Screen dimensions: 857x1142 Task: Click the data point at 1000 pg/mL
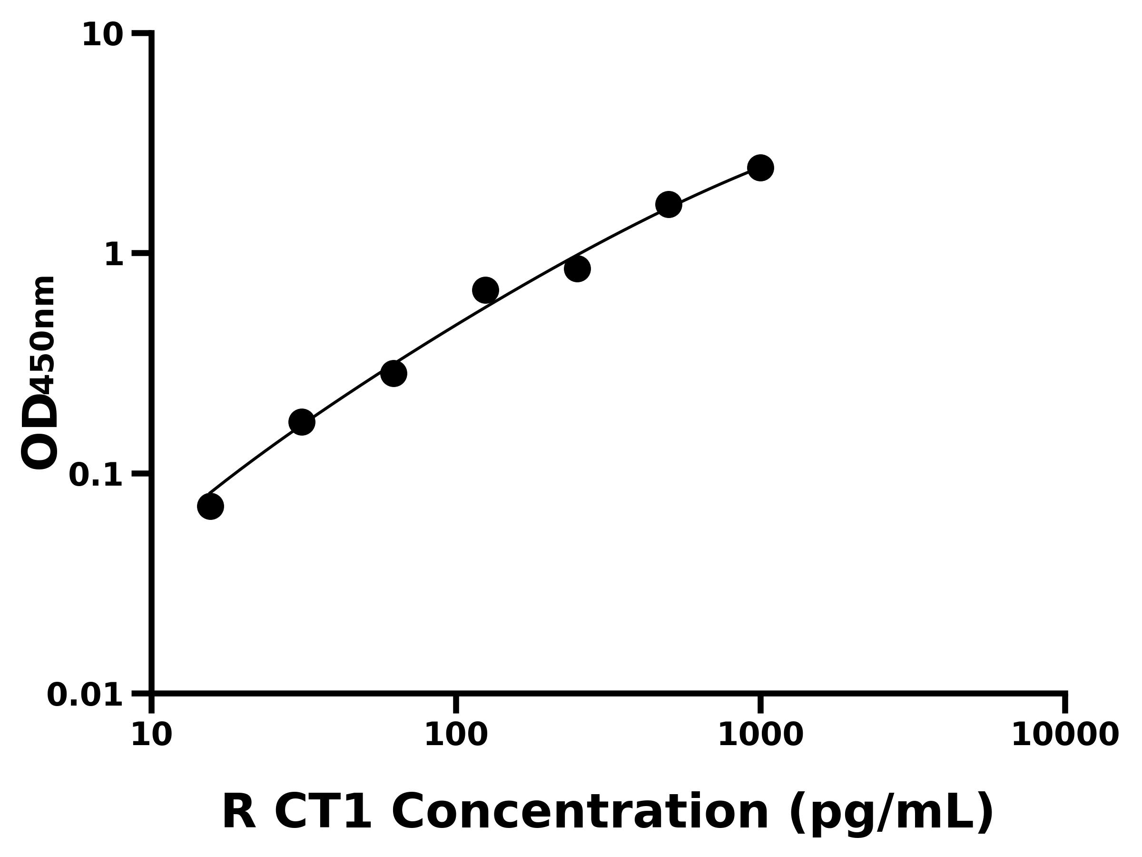pyautogui.click(x=760, y=168)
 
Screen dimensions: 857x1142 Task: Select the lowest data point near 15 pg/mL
pyautogui.click(x=211, y=506)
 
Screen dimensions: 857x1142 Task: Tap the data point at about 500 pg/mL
pyautogui.click(x=669, y=205)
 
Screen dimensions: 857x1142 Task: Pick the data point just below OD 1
pyautogui.click(x=577, y=269)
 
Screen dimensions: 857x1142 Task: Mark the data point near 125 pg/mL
pyautogui.click(x=485, y=290)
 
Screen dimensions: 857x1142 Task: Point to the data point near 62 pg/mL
pyautogui.click(x=394, y=373)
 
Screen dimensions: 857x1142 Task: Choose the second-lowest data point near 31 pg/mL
pyautogui.click(x=302, y=422)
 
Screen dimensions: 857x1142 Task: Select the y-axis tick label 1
pyautogui.click(x=114, y=255)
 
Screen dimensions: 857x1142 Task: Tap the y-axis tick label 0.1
pyautogui.click(x=96, y=475)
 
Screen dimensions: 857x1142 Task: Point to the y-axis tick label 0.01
pyautogui.click(x=85, y=695)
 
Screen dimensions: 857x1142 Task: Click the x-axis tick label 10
pyautogui.click(x=151, y=735)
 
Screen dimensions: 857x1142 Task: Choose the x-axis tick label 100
pyautogui.click(x=455, y=735)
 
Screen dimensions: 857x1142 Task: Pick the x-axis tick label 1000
pyautogui.click(x=760, y=735)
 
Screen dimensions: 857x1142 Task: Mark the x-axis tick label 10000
pyautogui.click(x=1064, y=735)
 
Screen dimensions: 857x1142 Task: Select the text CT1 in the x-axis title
pyautogui.click(x=323, y=812)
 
